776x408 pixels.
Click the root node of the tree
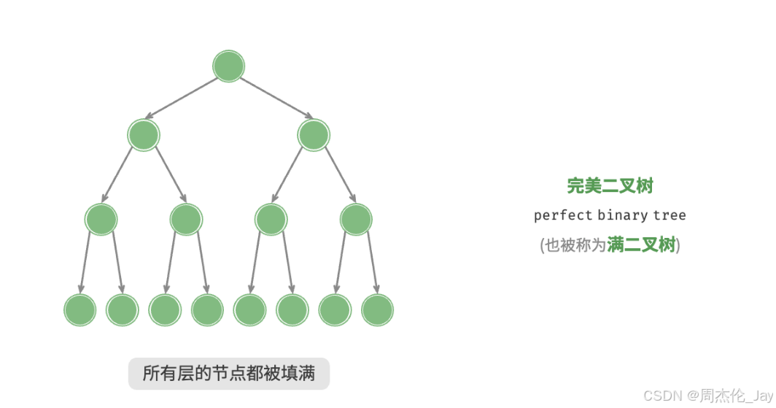click(228, 66)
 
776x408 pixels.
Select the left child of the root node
click(143, 135)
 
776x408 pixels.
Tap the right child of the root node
click(314, 135)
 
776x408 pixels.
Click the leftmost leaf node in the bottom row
click(79, 310)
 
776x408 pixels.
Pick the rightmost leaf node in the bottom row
click(377, 310)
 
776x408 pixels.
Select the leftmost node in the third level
click(101, 219)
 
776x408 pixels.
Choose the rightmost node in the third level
click(356, 219)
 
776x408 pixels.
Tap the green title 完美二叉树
click(610, 186)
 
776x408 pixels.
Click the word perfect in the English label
click(562, 215)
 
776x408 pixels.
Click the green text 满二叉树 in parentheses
click(641, 245)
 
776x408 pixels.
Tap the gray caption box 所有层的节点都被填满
click(229, 374)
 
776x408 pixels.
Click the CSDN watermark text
click(661, 395)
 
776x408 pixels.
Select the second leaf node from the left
click(122, 310)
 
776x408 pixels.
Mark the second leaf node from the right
click(335, 310)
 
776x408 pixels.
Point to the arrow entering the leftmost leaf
click(85, 263)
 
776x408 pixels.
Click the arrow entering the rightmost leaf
click(372, 263)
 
